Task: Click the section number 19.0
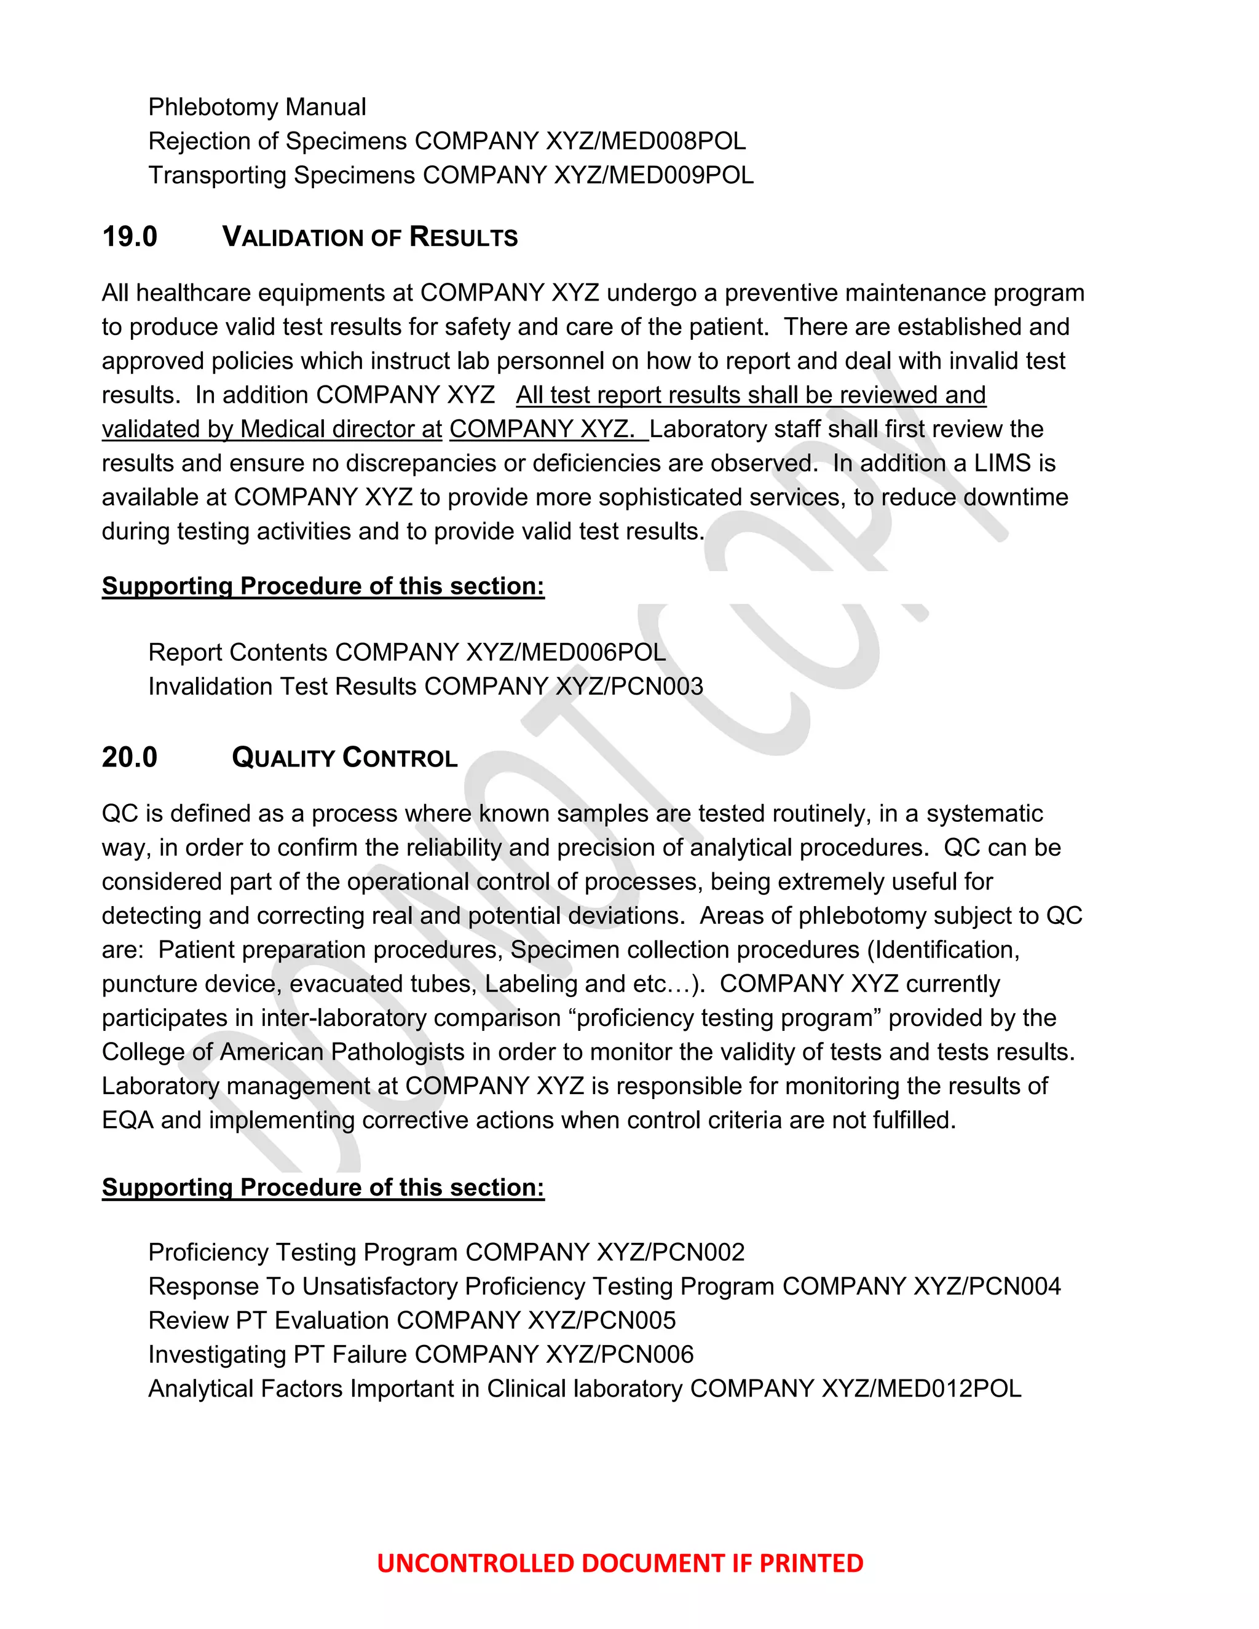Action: click(129, 237)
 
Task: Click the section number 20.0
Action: click(129, 758)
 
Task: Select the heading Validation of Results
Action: click(370, 237)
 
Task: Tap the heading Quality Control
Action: click(345, 758)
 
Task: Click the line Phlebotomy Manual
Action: click(256, 108)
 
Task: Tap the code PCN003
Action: click(657, 686)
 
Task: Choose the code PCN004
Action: click(1014, 1287)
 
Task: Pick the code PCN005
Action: click(629, 1320)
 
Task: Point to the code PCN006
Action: click(647, 1354)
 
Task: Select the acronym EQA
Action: click(127, 1120)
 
